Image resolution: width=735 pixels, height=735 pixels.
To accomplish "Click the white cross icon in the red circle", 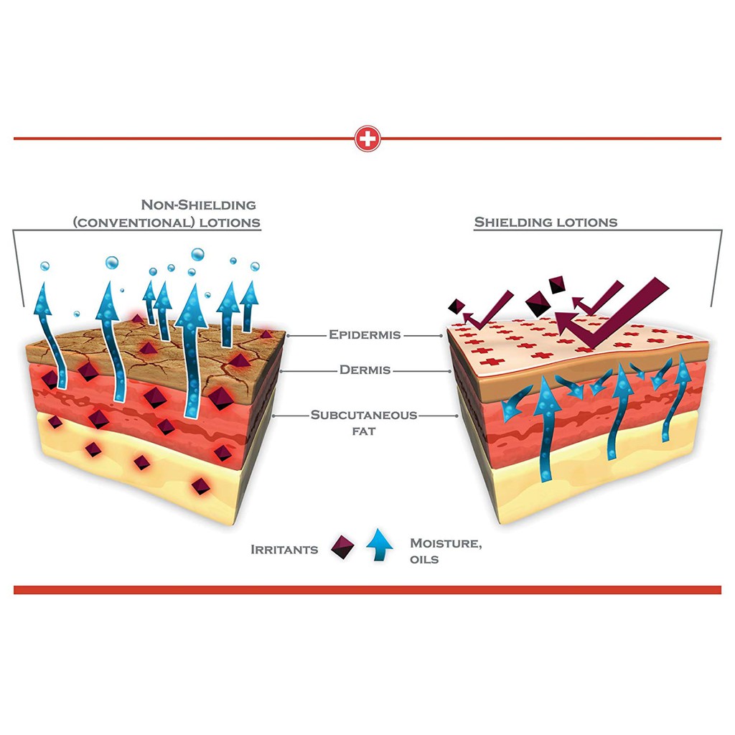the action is pos(367,139).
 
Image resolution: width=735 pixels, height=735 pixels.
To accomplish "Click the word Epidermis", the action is pos(365,334).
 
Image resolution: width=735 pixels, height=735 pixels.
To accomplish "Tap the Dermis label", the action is pos(365,370).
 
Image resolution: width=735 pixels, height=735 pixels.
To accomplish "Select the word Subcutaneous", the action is pos(364,415).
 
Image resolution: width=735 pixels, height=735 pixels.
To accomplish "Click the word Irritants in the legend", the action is pos(284,549).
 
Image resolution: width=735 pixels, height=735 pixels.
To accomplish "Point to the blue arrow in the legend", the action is pos(380,545).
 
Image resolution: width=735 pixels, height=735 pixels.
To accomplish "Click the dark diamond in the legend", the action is pos(342,547).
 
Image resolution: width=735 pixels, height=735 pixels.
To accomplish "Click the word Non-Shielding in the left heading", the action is pos(198,205).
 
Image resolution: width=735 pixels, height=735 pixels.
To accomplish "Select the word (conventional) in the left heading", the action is pos(134,223).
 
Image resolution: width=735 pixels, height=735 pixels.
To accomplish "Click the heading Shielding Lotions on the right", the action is pos(546,223).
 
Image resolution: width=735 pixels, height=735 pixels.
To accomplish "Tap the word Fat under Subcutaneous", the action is pos(364,431).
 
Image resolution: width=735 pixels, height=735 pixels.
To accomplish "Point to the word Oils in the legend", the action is pos(424,559).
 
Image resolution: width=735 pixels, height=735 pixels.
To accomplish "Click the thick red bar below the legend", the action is pos(367,590).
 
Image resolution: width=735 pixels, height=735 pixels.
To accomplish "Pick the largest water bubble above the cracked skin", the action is pos(198,255).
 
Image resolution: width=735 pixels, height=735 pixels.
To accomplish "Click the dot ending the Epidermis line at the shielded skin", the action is pos(441,336).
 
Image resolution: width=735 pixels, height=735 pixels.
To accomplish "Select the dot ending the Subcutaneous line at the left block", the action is pos(273,416).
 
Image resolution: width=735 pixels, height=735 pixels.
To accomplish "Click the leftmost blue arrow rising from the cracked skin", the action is pos(50,335).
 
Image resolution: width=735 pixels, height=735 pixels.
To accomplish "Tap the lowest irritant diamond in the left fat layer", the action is pos(201,486).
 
